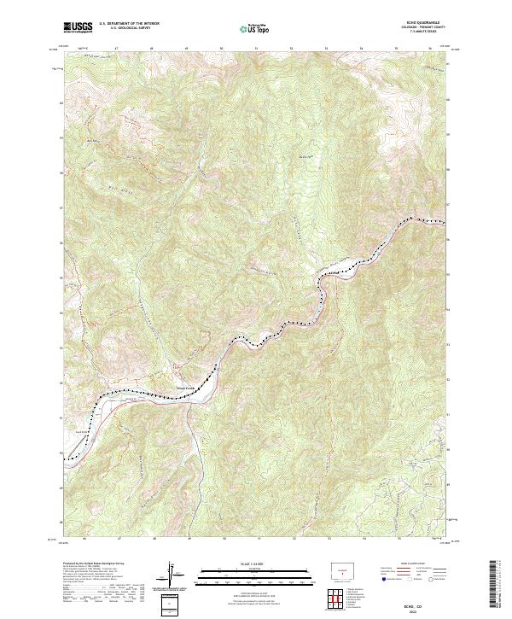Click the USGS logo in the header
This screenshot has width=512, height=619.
tap(78, 28)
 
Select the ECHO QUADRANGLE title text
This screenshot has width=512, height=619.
tap(422, 23)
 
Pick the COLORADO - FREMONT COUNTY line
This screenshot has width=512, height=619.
tap(422, 29)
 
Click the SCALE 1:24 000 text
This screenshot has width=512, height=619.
tap(243, 563)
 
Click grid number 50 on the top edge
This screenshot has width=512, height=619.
tap(222, 50)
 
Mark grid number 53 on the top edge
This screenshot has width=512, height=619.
tap(327, 50)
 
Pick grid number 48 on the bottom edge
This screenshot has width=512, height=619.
tap(153, 540)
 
